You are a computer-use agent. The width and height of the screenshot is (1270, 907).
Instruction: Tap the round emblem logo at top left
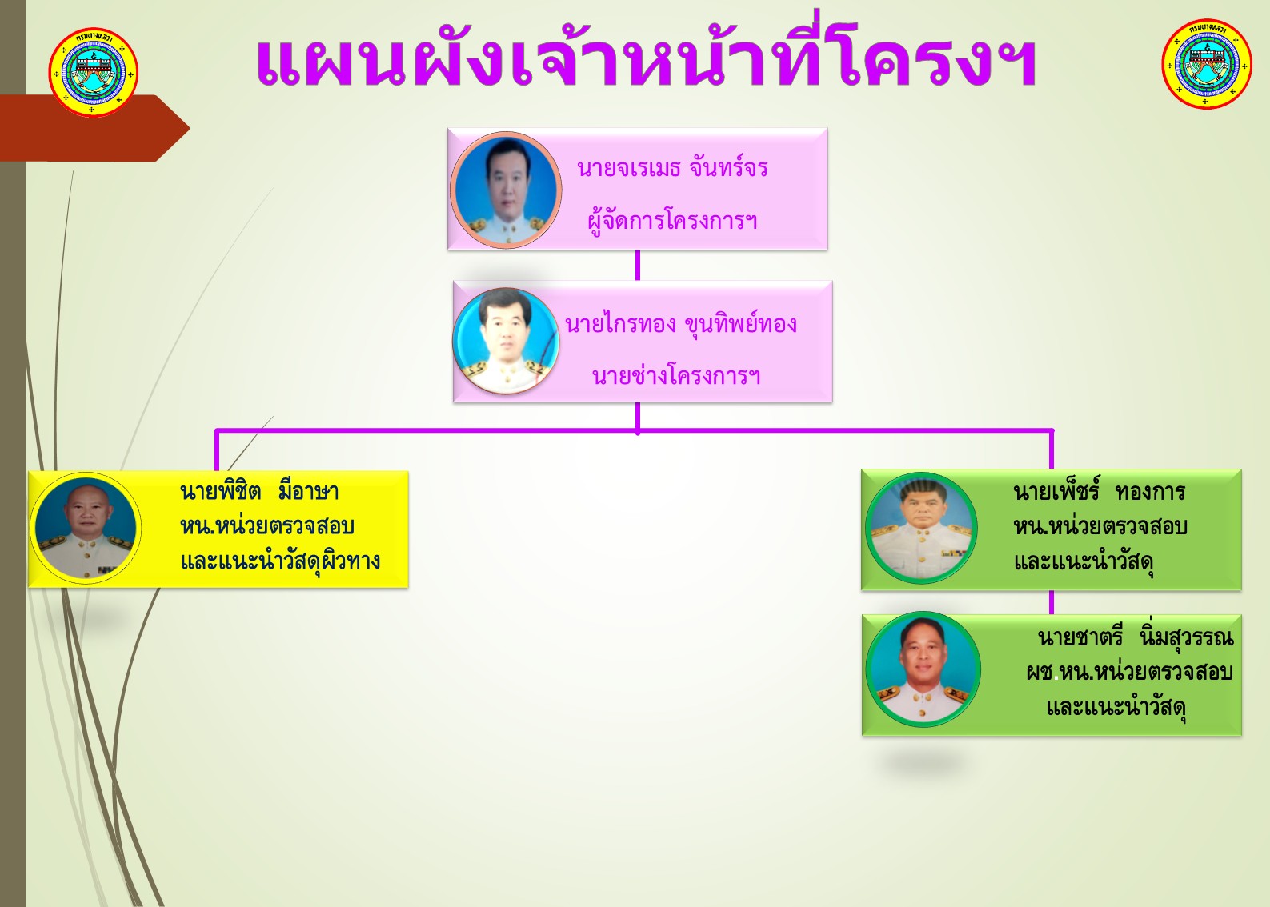[x=94, y=73]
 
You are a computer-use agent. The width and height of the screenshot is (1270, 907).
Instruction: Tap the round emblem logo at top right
[x=1207, y=64]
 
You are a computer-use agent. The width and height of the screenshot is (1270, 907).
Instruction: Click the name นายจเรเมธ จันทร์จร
[x=672, y=168]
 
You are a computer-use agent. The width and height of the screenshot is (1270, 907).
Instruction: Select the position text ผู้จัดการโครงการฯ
[x=672, y=221]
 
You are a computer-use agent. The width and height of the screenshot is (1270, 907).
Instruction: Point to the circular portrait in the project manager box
[x=506, y=190]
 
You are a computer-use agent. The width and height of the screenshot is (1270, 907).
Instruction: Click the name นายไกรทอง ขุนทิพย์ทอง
[x=681, y=323]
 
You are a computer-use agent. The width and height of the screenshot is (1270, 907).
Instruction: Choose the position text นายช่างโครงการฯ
[x=676, y=374]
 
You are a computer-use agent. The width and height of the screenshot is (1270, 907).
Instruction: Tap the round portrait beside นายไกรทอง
[x=506, y=341]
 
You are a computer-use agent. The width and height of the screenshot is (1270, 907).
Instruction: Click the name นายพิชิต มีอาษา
[x=259, y=491]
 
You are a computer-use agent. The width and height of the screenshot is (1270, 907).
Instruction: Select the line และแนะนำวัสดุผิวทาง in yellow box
[x=280, y=561]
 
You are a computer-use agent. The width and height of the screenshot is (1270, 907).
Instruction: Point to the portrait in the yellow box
[x=86, y=528]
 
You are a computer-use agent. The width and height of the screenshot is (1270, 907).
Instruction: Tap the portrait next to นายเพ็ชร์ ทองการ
[x=922, y=528]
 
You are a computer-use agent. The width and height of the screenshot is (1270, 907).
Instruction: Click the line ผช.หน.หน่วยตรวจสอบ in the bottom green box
[x=1129, y=672]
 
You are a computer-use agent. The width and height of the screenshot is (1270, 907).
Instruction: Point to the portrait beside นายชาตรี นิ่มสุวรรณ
[x=923, y=669]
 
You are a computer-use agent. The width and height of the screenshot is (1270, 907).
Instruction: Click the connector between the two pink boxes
[x=638, y=265]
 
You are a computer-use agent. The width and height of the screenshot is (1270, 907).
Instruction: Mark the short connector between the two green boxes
[x=1052, y=602]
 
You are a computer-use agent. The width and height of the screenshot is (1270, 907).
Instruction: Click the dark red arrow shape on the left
[x=94, y=128]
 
